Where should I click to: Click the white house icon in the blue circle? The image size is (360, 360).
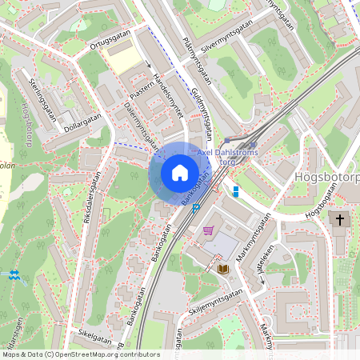179,173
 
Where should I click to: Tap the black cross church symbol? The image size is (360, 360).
339,219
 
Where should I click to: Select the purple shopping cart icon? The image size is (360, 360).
209,230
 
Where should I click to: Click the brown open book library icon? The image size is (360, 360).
222,269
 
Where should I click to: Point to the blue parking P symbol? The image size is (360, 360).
196,207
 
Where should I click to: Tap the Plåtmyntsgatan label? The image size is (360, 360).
195,61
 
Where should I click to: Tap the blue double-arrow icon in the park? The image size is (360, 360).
13,274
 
